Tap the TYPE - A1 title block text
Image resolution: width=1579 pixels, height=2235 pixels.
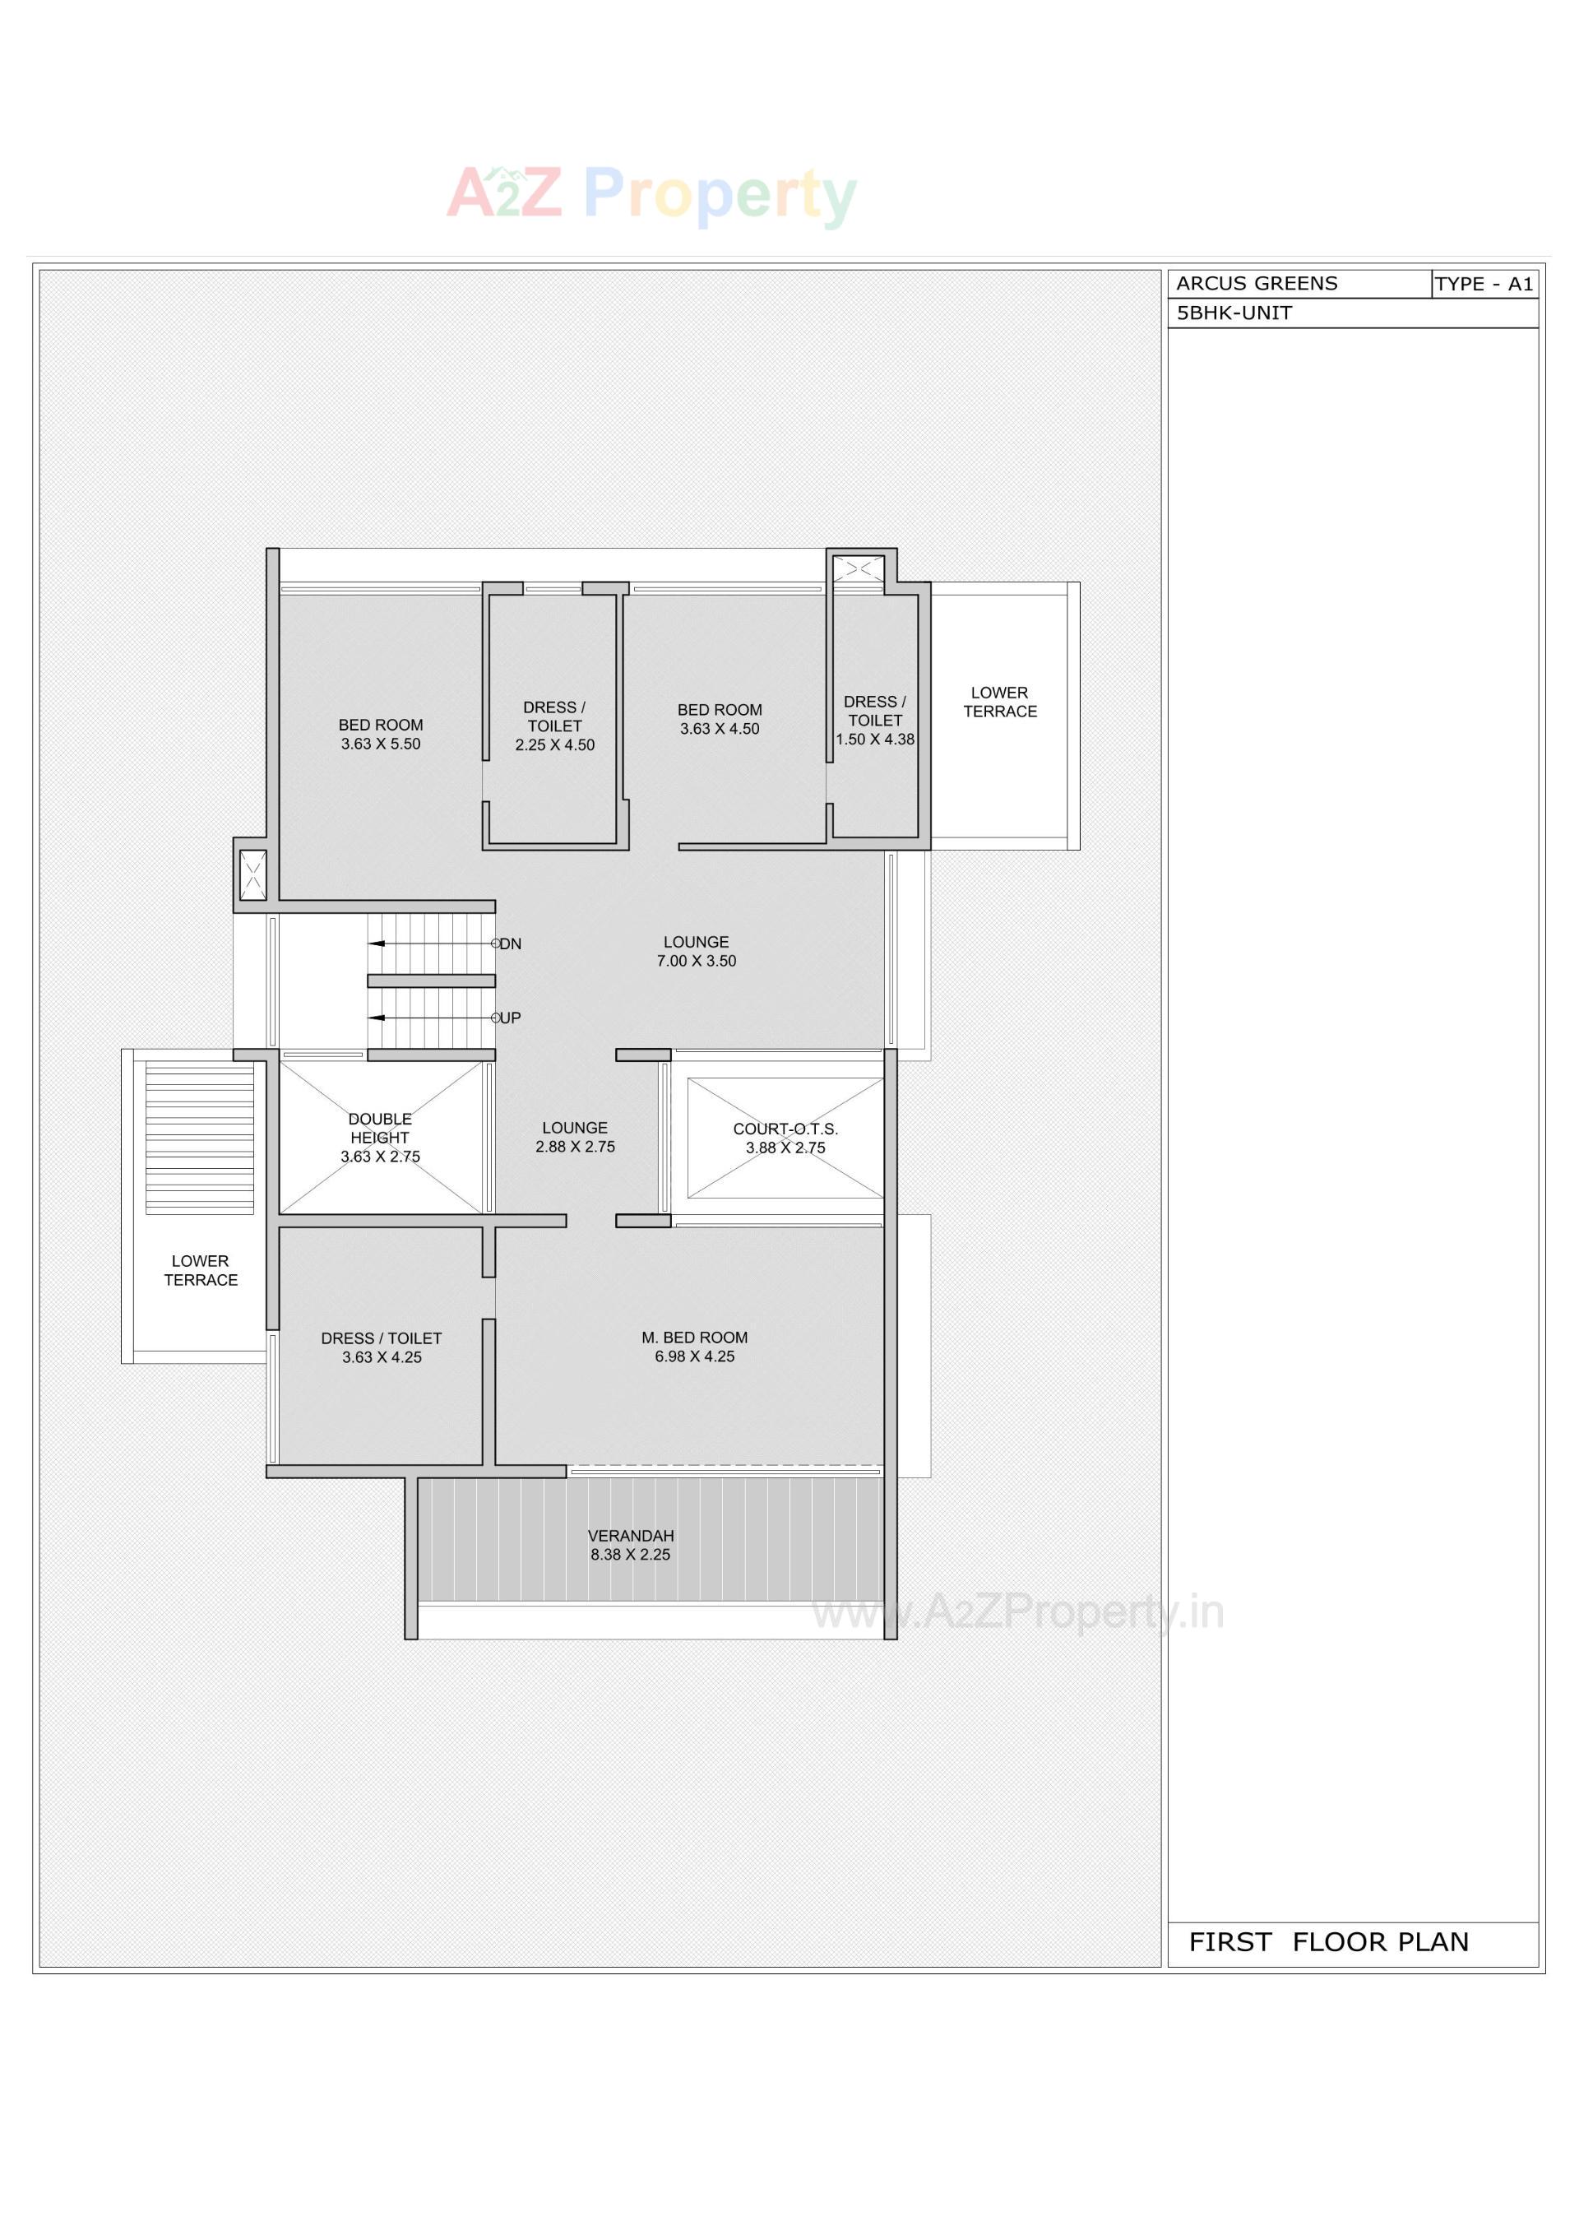tap(1484, 285)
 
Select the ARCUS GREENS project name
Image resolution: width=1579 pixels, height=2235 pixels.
tap(1257, 283)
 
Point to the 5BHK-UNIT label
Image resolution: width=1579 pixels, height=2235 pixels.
tap(1234, 313)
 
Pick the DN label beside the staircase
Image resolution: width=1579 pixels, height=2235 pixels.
tap(510, 944)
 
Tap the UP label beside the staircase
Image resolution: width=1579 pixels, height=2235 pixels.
tap(510, 1018)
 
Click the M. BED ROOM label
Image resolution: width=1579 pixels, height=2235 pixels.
tap(694, 1338)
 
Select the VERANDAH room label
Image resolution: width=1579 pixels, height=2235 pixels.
tap(631, 1536)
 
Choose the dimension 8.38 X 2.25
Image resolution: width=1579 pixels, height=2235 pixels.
tap(631, 1555)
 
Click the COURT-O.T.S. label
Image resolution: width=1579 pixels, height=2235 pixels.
tap(785, 1129)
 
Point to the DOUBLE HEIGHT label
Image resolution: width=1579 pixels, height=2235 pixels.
tap(380, 1129)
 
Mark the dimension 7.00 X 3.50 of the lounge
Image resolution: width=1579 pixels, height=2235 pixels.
tap(696, 961)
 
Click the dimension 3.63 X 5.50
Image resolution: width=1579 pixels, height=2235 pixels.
tap(381, 744)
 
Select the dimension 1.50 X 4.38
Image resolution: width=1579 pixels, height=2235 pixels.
tap(875, 739)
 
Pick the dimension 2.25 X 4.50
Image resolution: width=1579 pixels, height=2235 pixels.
tap(555, 744)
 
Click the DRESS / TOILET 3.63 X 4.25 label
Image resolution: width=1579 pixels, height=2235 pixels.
tap(382, 1347)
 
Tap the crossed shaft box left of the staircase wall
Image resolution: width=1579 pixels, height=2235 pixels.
tap(253, 875)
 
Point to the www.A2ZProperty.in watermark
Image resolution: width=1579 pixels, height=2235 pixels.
tap(1017, 1613)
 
